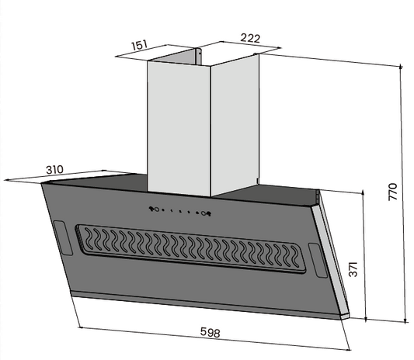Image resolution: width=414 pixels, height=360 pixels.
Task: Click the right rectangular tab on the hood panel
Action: coord(315,258)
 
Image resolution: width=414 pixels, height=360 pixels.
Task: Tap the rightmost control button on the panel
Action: coord(207,214)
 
